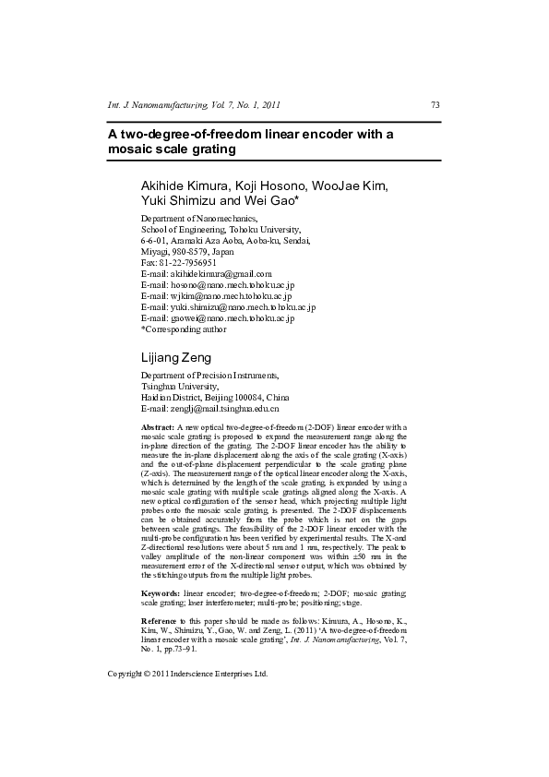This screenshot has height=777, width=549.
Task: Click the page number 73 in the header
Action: pos(435,105)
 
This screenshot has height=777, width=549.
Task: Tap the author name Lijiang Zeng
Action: pos(175,357)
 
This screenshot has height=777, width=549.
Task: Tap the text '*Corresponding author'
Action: pos(183,329)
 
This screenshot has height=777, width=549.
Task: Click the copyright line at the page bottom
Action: pos(187,674)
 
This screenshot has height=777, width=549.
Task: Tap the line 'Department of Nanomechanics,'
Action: pos(191,218)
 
